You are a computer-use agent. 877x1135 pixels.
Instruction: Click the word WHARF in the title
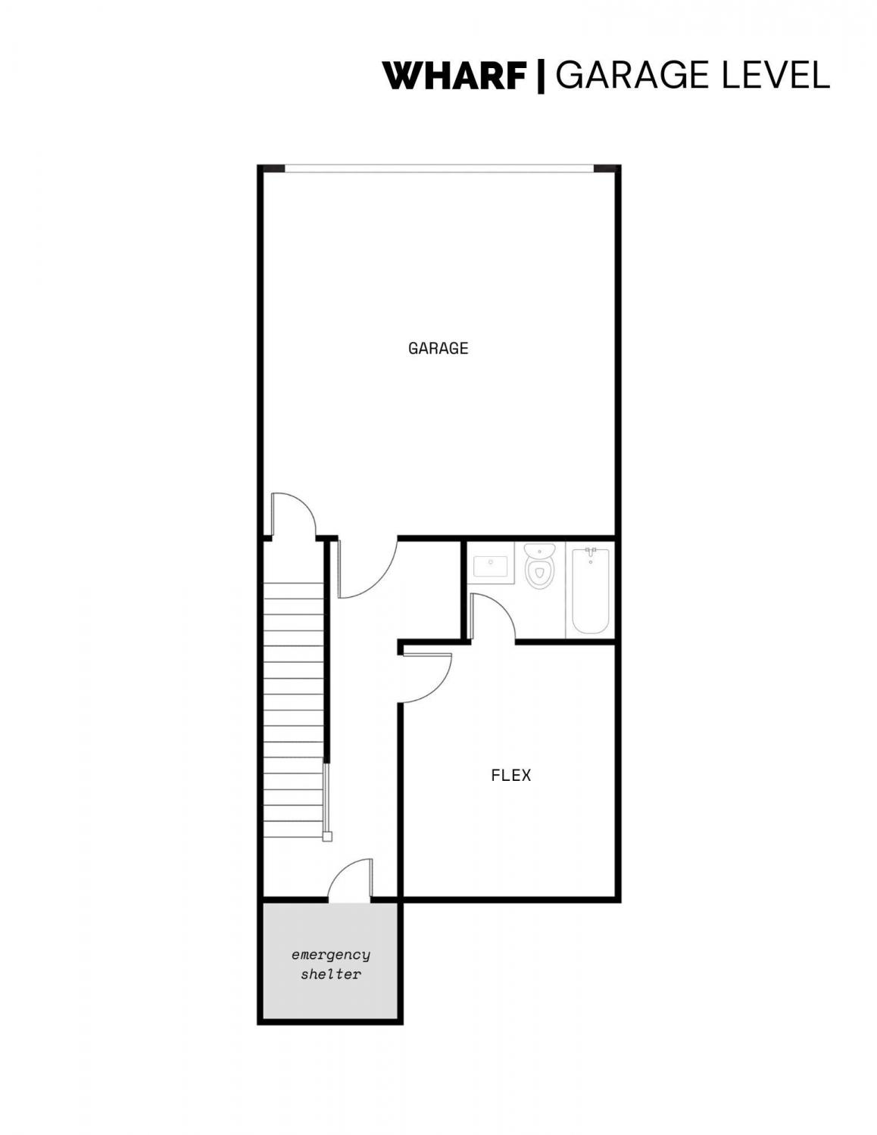tap(454, 76)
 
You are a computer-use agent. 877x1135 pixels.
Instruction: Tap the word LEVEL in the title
tap(776, 76)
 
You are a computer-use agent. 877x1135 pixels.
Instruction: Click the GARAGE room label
tap(438, 348)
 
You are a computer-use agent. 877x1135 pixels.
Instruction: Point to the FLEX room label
tap(510, 775)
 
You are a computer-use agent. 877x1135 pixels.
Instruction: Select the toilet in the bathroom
tap(539, 566)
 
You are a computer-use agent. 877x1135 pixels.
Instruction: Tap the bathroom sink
tap(490, 567)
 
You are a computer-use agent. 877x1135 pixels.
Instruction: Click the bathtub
tap(590, 591)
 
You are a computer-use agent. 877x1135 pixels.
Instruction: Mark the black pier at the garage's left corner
tap(272, 168)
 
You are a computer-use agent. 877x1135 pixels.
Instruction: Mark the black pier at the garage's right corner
tap(607, 168)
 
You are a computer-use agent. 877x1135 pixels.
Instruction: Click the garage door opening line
tap(439, 168)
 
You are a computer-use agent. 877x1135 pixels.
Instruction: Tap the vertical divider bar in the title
tap(541, 76)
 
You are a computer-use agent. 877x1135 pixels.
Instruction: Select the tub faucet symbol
tap(591, 552)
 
